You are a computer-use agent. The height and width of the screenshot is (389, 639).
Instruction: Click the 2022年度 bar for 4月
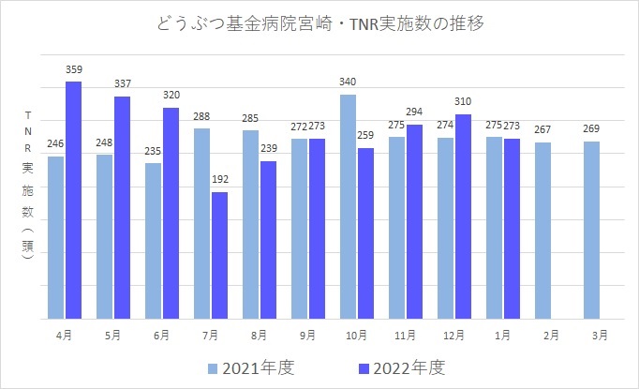pyautogui.click(x=73, y=200)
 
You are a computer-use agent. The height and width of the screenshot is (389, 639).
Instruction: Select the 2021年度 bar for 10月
pyautogui.click(x=348, y=206)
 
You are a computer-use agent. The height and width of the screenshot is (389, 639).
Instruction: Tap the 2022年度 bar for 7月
pyautogui.click(x=219, y=255)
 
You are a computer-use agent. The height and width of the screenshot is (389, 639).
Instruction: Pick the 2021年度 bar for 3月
pyautogui.click(x=591, y=230)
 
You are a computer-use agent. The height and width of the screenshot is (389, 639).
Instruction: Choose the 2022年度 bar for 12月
pyautogui.click(x=463, y=216)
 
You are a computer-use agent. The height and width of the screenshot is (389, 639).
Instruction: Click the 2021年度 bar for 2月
pyautogui.click(x=542, y=231)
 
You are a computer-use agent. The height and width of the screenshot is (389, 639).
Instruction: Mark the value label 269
pyautogui.click(x=591, y=128)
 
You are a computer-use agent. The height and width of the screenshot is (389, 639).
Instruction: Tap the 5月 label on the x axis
pyautogui.click(x=111, y=335)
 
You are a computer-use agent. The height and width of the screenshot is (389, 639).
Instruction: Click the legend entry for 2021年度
pyautogui.click(x=251, y=367)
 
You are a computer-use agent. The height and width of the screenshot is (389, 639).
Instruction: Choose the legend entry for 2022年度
pyautogui.click(x=412, y=367)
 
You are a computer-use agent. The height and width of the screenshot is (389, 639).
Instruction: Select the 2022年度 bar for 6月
pyautogui.click(x=171, y=213)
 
